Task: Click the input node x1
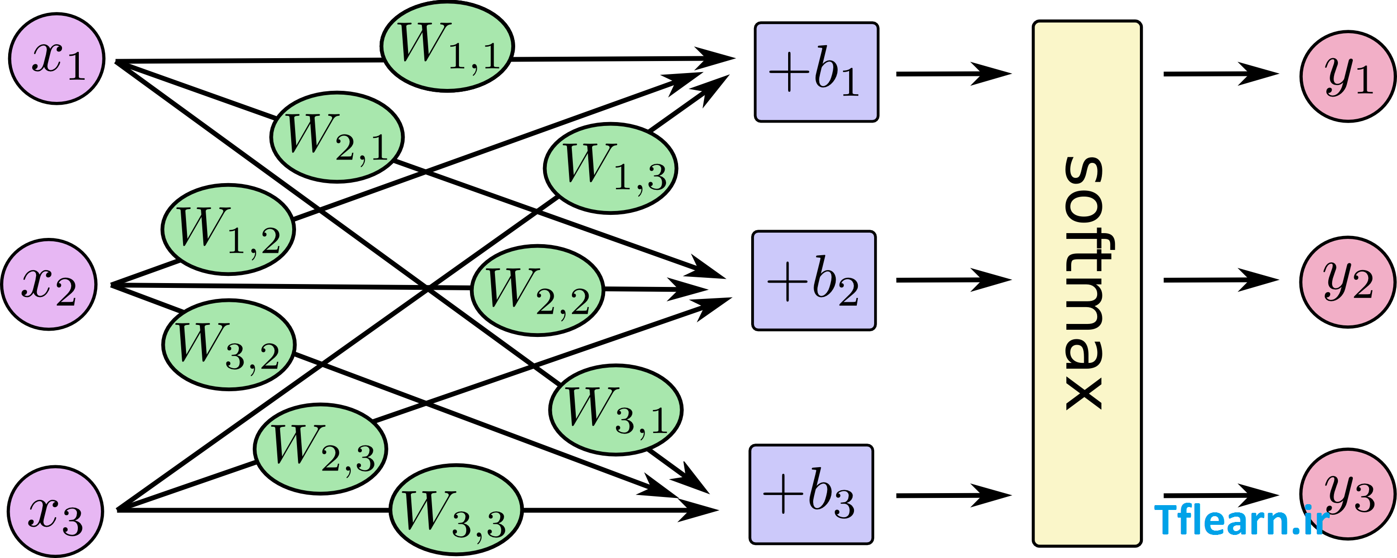tap(57, 59)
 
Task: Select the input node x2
tap(49, 284)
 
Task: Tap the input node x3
tap(55, 511)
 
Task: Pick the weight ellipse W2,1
tap(337, 137)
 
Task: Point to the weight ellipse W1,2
tap(228, 229)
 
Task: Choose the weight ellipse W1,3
tap(611, 169)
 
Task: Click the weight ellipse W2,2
tap(537, 291)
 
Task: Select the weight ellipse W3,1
tap(616, 410)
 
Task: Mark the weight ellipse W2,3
tap(321, 449)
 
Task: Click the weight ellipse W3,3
tap(456, 510)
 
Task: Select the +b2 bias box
tap(814, 281)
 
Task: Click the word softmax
tap(1086, 283)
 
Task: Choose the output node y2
tap(1348, 282)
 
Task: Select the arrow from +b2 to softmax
tap(954, 280)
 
